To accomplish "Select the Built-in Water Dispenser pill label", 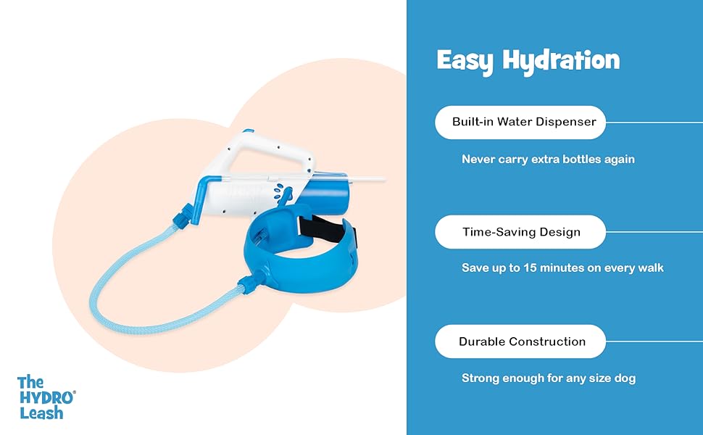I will (520, 122).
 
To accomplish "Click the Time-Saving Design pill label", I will (520, 232).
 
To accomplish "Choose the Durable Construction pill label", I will (520, 341).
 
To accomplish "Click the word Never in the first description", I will (479, 159).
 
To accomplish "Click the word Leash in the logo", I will (41, 413).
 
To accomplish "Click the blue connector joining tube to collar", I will (249, 285).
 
